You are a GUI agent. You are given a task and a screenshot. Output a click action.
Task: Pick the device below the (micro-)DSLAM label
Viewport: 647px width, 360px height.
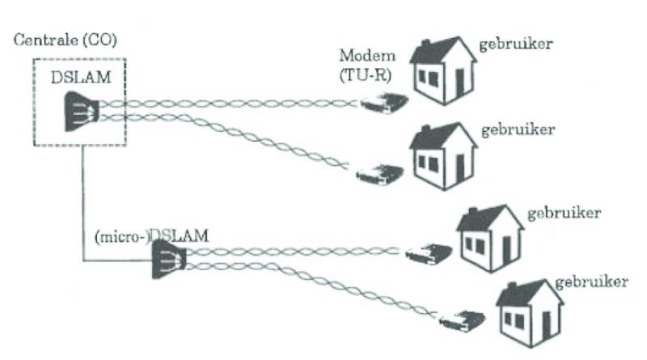171,260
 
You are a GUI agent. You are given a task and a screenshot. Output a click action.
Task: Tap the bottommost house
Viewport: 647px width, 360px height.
529,312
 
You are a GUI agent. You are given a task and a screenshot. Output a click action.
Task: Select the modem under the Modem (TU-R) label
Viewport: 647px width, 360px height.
382,104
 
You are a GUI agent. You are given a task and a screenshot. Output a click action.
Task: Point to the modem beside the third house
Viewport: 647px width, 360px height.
429,253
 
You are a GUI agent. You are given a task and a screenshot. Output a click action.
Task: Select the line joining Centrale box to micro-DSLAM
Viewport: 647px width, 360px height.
83,210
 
